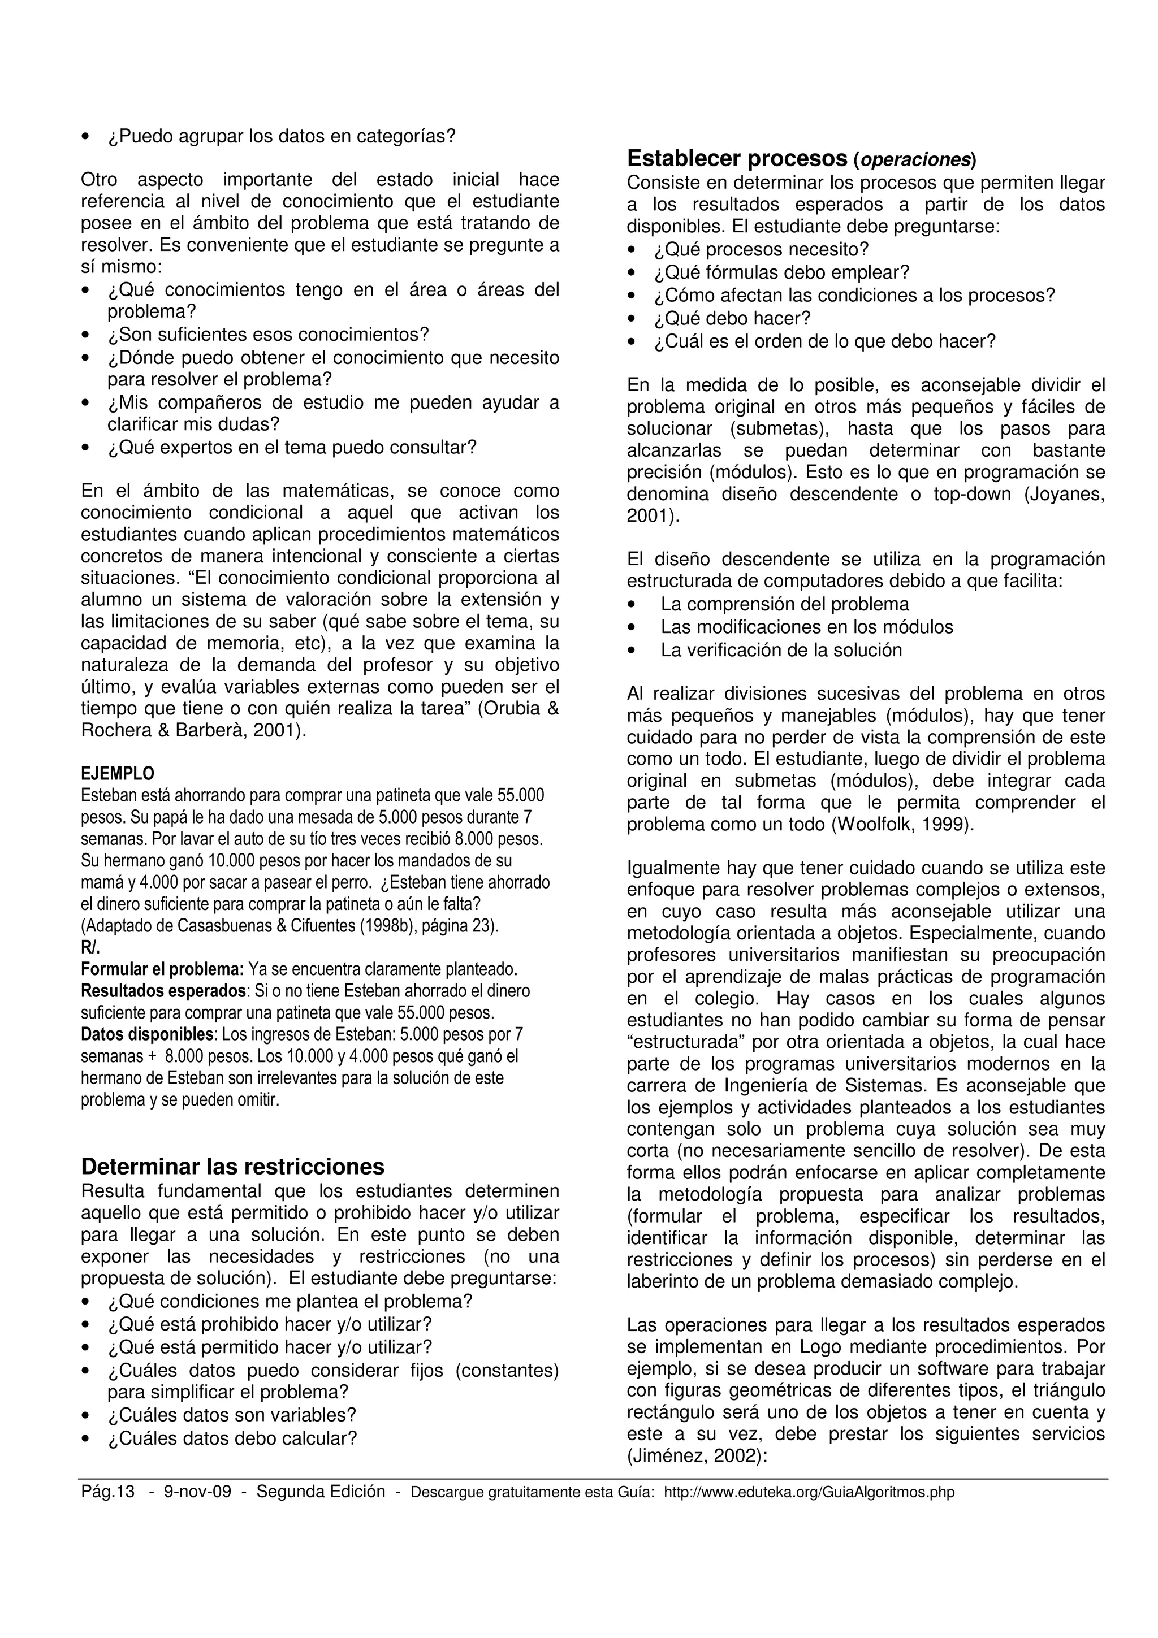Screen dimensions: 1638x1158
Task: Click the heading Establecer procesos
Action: [736, 158]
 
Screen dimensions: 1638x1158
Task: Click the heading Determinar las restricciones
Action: [232, 1167]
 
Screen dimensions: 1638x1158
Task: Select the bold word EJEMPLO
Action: [117, 774]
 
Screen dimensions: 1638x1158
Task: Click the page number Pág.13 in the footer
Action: [108, 1492]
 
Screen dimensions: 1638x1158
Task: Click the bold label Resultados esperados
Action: [163, 991]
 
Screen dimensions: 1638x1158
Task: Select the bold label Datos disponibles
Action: [148, 1034]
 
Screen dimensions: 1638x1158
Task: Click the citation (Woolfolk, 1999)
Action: [902, 825]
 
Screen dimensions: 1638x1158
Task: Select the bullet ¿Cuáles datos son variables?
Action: [231, 1415]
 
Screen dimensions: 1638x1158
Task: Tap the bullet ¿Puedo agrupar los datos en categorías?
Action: [281, 136]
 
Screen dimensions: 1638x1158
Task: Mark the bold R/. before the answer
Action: [90, 948]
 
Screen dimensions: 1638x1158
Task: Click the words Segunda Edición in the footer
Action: [321, 1492]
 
